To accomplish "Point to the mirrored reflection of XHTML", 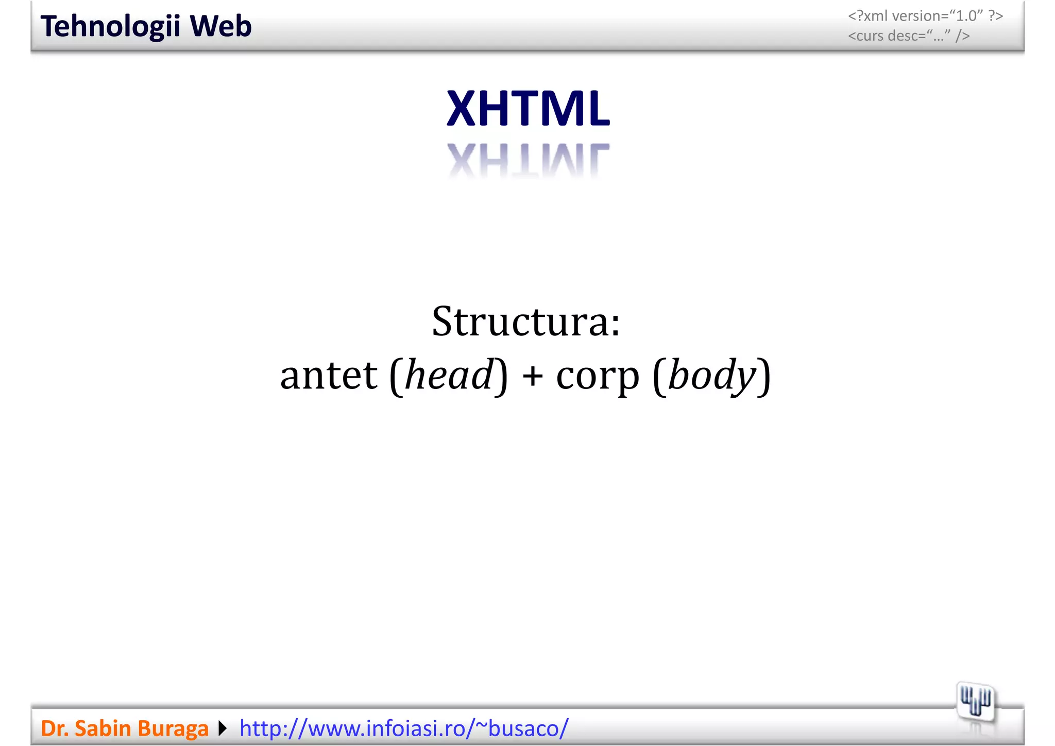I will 528,159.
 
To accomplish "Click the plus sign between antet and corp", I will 532,376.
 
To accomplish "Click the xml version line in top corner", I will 925,16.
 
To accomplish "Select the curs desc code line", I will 909,36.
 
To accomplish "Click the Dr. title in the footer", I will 55,728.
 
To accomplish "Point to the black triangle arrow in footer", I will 223,728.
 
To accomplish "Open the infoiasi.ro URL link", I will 404,728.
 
